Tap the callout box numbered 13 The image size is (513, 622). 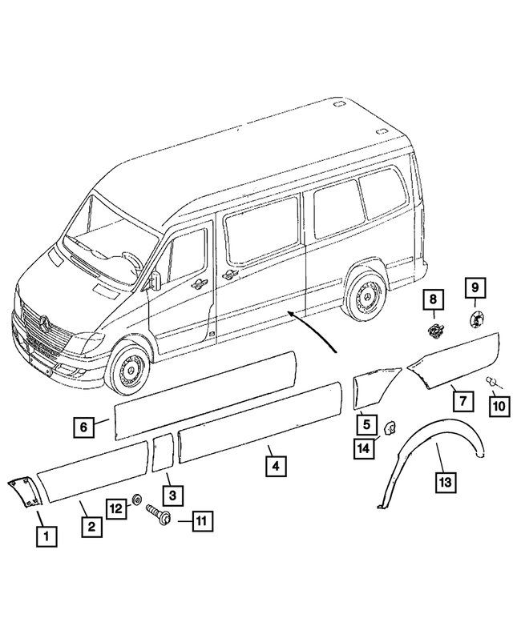click(445, 481)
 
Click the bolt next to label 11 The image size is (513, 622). click(158, 515)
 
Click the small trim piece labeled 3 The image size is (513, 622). click(161, 451)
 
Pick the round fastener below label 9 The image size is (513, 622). click(473, 319)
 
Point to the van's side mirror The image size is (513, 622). click(155, 280)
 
